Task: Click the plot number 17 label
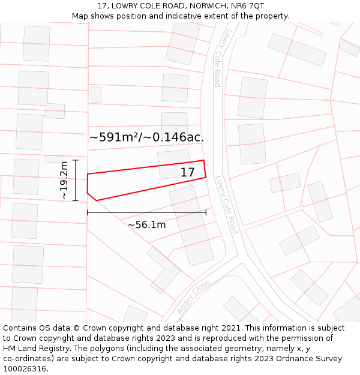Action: point(187,173)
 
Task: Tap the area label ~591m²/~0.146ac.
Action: point(146,137)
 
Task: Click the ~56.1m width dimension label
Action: point(146,225)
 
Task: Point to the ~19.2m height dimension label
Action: point(64,181)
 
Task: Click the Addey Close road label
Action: point(193,297)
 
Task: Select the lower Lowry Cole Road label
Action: point(226,205)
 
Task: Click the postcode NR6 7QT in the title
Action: point(247,6)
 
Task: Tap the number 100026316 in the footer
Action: point(25,368)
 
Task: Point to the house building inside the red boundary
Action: point(174,164)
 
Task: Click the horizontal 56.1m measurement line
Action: point(146,212)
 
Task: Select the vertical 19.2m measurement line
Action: point(76,181)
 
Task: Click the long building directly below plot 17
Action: point(191,225)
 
